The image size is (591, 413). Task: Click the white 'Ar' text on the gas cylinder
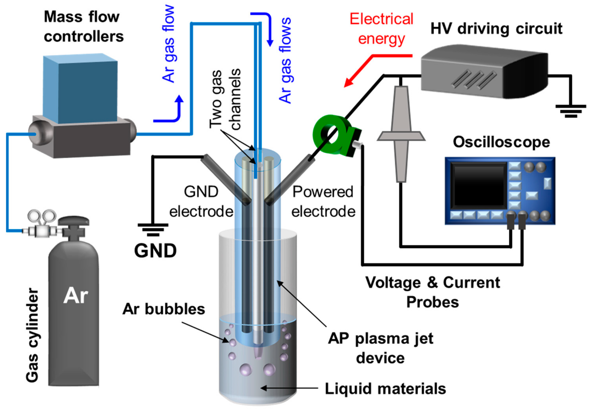tap(75, 295)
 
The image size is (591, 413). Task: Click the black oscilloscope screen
tap(479, 185)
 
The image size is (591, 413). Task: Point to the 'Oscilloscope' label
tap(501, 142)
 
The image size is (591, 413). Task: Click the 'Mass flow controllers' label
tap(83, 27)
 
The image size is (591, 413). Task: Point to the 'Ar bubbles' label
tap(164, 309)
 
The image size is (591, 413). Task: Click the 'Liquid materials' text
tap(385, 389)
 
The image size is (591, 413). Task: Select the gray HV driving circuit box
tap(484, 72)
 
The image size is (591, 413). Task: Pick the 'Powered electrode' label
tap(323, 202)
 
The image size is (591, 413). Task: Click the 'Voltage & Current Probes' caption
tap(432, 292)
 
